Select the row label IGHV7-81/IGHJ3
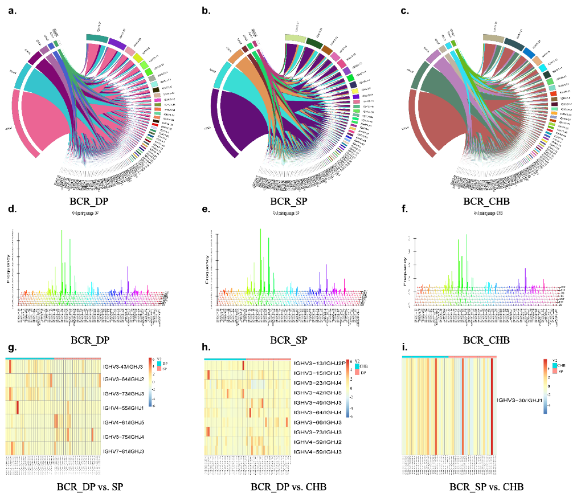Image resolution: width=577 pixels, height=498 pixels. pos(126,451)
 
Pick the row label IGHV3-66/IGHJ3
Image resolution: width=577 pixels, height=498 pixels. pos(317,422)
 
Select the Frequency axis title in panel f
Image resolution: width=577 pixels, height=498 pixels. pos(406,273)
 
